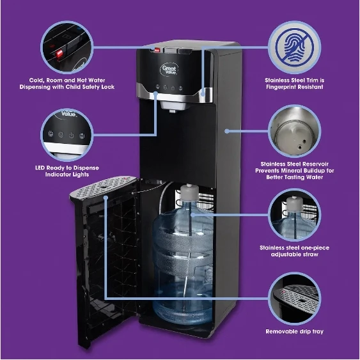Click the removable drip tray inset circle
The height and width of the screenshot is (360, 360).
coord(293,297)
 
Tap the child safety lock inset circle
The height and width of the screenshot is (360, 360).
coord(67,51)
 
